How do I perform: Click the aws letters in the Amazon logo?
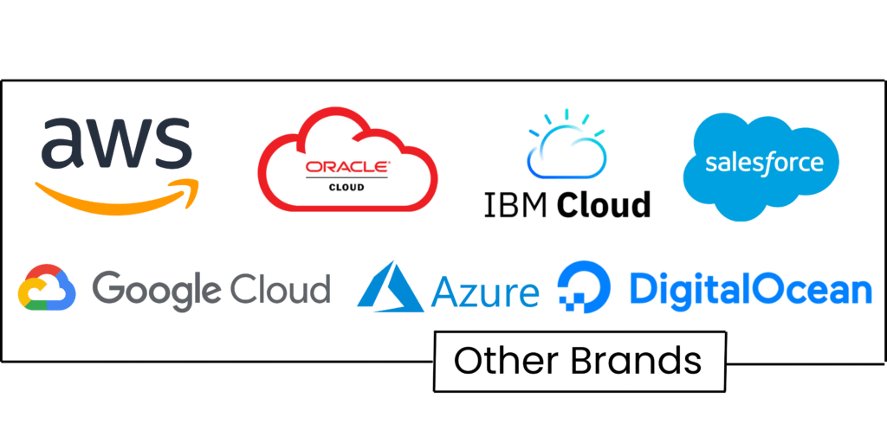click(x=116, y=142)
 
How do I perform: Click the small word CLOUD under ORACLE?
click(x=347, y=187)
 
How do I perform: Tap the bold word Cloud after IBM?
click(x=603, y=206)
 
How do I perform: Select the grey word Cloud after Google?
click(x=280, y=288)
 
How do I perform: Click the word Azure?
click(x=485, y=292)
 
